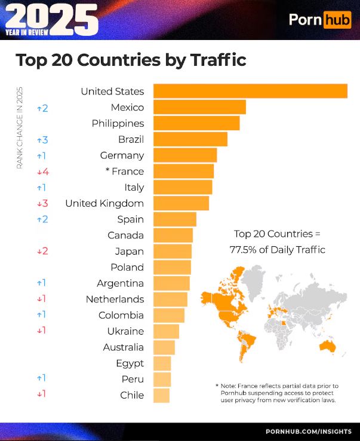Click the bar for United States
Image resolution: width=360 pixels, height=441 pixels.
tap(250, 91)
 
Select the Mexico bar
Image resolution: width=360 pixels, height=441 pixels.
tap(199, 107)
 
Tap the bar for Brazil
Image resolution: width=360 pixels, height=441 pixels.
tap(190, 139)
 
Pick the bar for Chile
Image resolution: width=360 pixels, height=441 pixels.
tap(162, 395)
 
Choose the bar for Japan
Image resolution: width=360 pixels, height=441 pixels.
tap(173, 251)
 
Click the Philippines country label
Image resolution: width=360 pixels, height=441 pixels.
tap(118, 123)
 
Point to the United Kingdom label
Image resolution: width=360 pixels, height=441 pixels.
tap(104, 203)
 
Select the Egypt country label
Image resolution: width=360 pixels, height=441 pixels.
tap(130, 363)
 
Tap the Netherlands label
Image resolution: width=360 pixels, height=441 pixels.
tap(115, 299)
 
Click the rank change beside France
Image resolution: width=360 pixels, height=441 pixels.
tap(42, 171)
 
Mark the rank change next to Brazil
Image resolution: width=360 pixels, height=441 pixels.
tap(42, 139)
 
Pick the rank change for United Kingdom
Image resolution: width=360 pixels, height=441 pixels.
tap(42, 203)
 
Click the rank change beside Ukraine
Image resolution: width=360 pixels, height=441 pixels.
tap(42, 330)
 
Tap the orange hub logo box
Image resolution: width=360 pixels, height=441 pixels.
tap(337, 20)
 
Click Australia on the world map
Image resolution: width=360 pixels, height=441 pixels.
tap(327, 346)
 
